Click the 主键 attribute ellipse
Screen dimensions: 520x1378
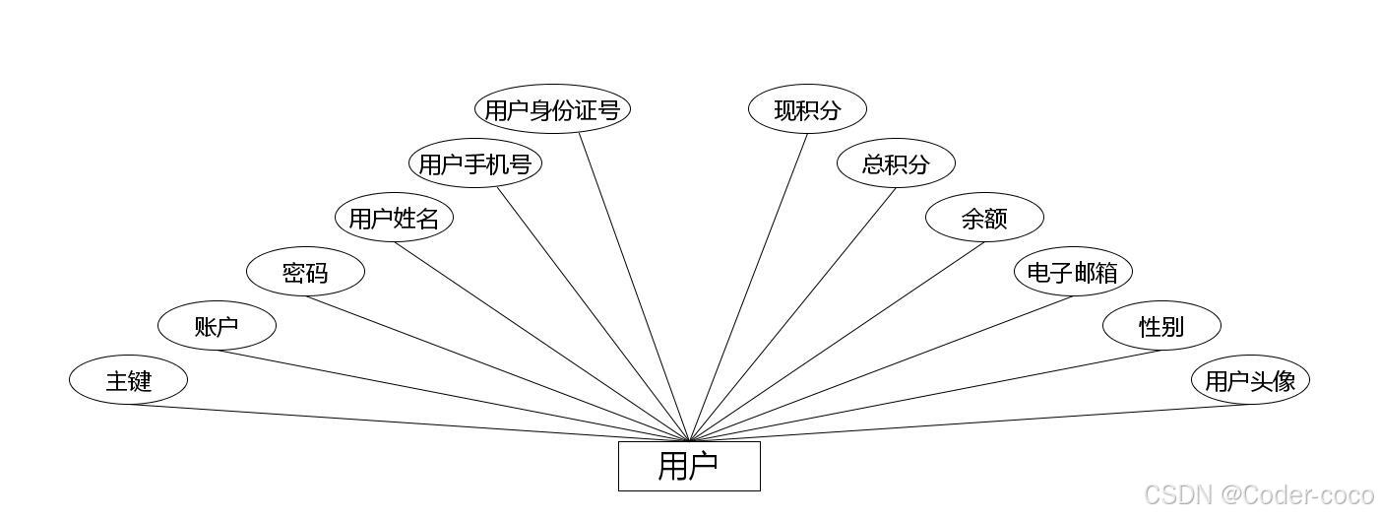(x=128, y=379)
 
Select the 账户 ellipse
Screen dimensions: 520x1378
(x=217, y=326)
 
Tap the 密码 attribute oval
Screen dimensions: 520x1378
(x=305, y=272)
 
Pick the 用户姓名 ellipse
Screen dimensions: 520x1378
(x=394, y=218)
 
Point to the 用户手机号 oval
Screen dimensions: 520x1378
(x=475, y=163)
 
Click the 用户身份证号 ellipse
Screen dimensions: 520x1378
(x=552, y=109)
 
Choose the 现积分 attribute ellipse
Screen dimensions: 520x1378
(x=807, y=109)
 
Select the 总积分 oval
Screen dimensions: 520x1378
(x=896, y=163)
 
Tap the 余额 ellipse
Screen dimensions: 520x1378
(x=984, y=218)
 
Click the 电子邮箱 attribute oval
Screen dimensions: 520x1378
(x=1073, y=272)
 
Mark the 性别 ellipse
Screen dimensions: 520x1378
(x=1161, y=326)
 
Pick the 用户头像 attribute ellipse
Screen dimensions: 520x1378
(x=1250, y=380)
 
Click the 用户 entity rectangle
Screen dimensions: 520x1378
(x=689, y=466)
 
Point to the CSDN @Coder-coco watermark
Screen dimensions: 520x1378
(x=1259, y=494)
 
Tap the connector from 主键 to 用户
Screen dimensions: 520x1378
(x=394, y=422)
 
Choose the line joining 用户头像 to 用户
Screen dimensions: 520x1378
(x=984, y=422)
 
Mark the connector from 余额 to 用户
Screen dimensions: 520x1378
(x=837, y=342)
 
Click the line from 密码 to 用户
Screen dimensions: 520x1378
(x=492, y=366)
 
